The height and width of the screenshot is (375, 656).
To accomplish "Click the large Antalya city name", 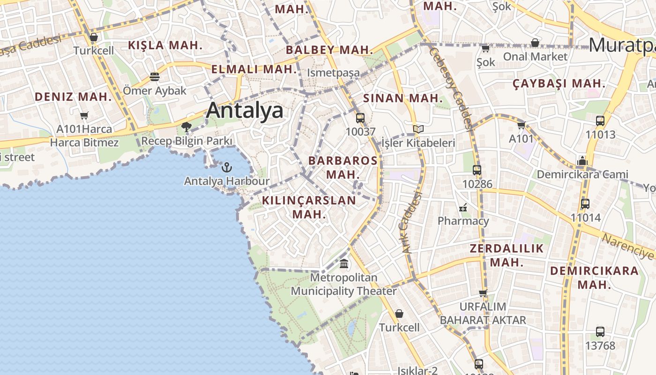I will (245, 111).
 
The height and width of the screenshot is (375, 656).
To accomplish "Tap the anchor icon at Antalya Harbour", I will (227, 167).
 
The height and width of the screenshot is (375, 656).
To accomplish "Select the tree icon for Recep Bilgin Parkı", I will (186, 127).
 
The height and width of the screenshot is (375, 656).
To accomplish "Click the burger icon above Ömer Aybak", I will (155, 77).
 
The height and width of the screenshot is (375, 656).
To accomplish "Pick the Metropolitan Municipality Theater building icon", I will (344, 264).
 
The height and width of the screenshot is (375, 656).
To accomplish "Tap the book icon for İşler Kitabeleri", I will (418, 129).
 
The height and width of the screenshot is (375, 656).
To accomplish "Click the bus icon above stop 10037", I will (360, 118).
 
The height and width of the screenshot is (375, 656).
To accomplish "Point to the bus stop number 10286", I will (477, 184).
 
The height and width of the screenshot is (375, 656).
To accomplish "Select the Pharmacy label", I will (463, 221).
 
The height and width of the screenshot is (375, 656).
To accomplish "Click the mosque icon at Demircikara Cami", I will (582, 161).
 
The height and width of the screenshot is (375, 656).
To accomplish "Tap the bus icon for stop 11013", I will (600, 121).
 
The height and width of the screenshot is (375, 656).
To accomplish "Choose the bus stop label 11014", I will (585, 217).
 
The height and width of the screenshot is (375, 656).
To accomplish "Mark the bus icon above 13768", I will (600, 332).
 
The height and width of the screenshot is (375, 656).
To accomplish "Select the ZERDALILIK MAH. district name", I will (507, 255).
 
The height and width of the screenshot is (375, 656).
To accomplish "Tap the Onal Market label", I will (535, 57).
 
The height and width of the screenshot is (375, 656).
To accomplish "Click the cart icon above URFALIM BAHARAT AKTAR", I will (483, 293).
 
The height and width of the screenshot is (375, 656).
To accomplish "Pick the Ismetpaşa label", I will (333, 73).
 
